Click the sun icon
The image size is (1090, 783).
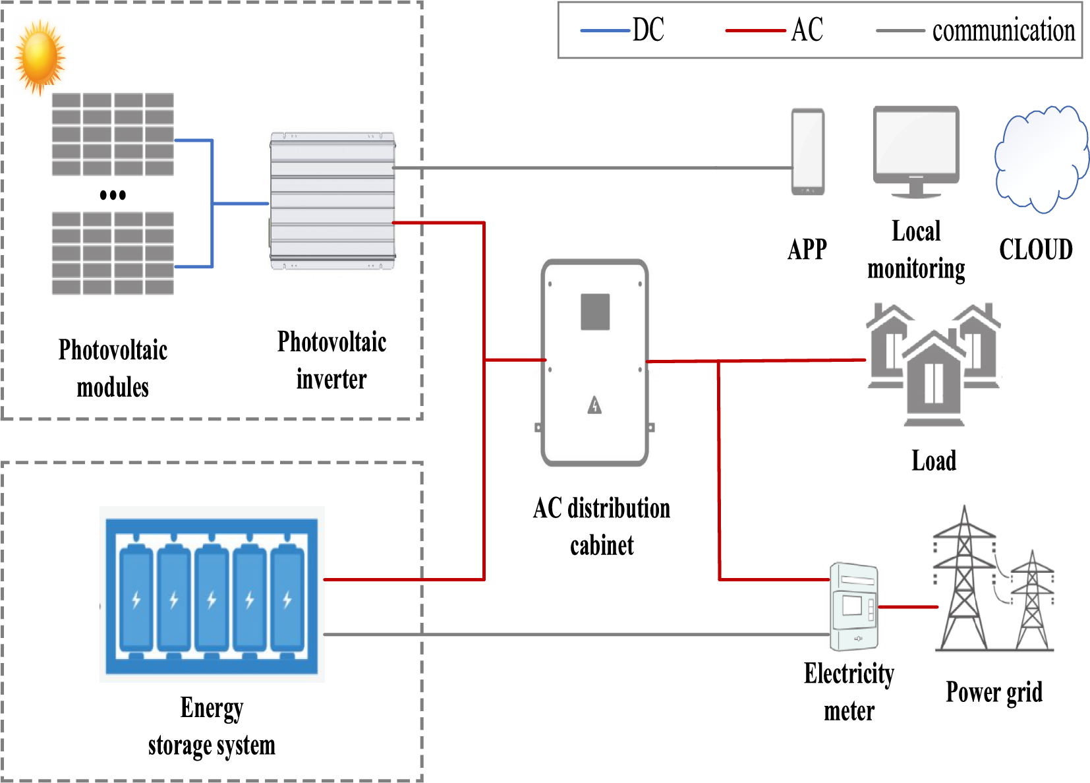[x=40, y=57]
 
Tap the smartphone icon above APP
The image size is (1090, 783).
[x=807, y=152]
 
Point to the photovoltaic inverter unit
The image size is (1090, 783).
[x=332, y=201]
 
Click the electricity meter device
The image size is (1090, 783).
[x=854, y=606]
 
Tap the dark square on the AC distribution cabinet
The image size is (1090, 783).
[x=595, y=312]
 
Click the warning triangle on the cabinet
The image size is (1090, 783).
[x=595, y=405]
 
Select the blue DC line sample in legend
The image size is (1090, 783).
[x=604, y=31]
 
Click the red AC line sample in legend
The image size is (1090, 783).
[x=755, y=31]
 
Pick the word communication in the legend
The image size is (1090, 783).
[x=1003, y=31]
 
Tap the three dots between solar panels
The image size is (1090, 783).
[x=113, y=195]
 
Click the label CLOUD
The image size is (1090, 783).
[x=1035, y=250]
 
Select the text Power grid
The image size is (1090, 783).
[x=994, y=692]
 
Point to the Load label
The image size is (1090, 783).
[x=933, y=461]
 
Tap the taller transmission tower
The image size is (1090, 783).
[x=964, y=580]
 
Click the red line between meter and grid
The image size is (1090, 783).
[x=908, y=607]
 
